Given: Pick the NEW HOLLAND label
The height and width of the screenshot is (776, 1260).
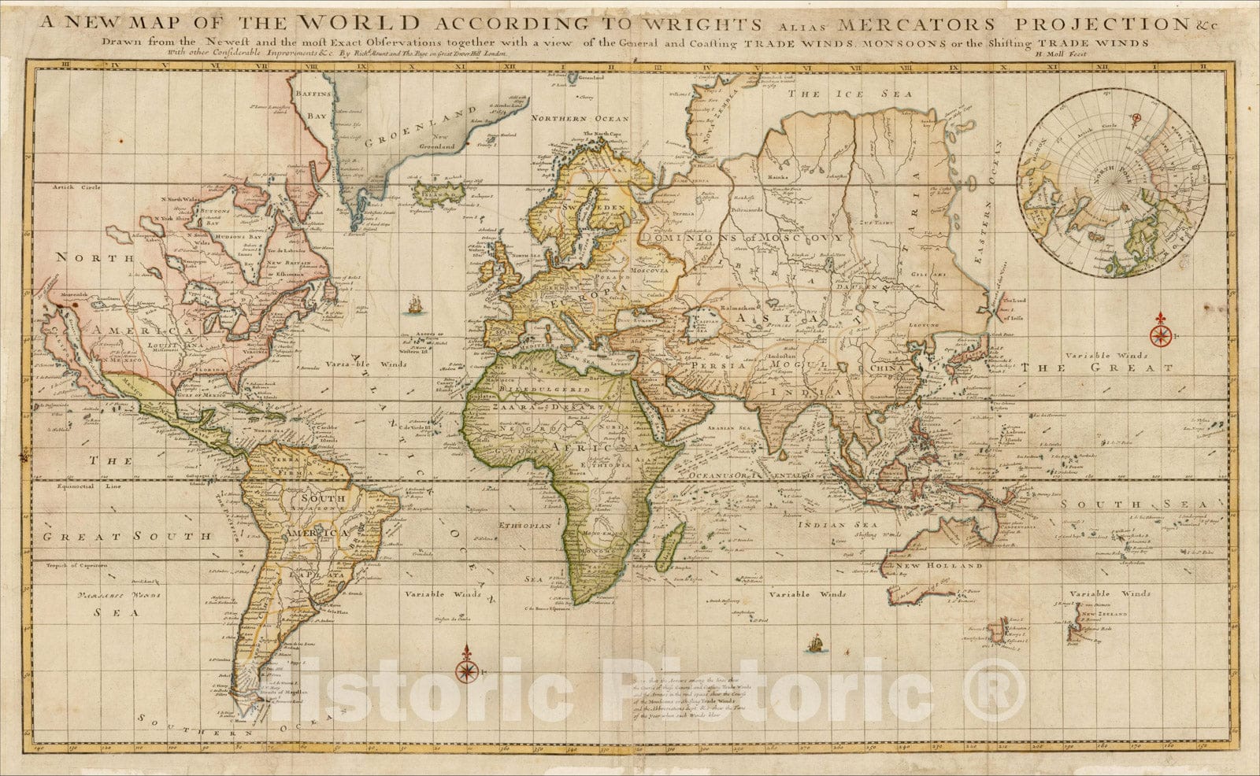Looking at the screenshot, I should point(947,565).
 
